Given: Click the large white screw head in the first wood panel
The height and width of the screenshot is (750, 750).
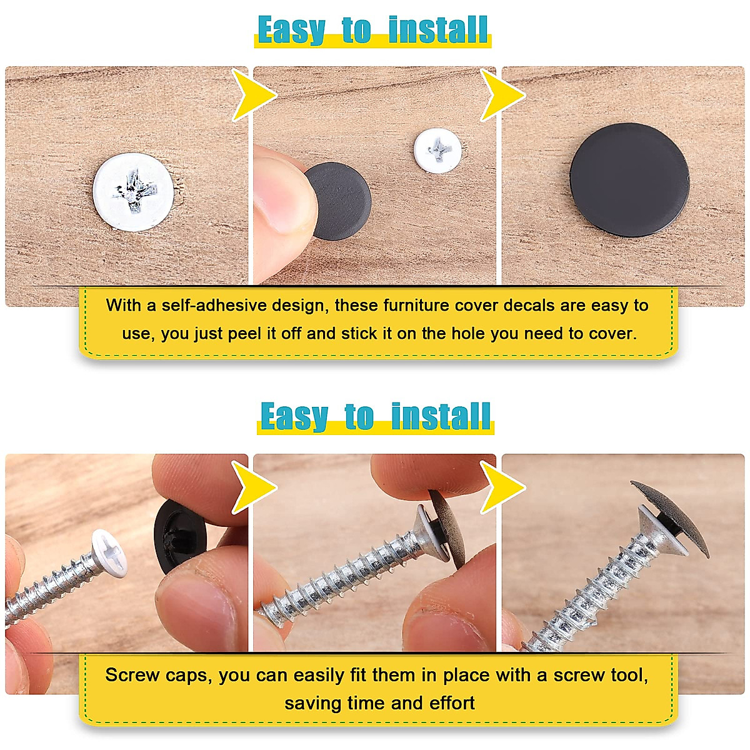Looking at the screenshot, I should click(133, 192).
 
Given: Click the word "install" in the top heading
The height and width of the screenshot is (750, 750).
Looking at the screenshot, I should click(437, 30).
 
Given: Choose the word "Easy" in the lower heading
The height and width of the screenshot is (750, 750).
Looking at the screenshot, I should click(294, 416).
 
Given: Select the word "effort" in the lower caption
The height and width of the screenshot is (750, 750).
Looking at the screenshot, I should click(451, 703).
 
